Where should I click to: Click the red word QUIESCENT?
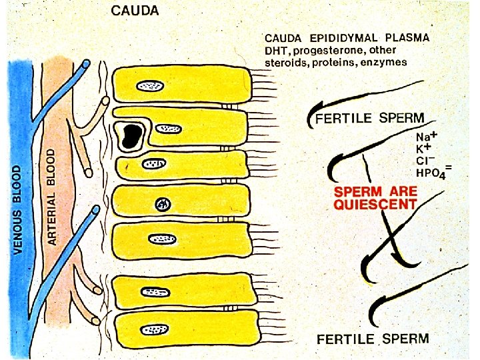coord(375,205)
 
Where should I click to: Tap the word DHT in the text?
coord(277,50)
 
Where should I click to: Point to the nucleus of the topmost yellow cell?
coord(151,85)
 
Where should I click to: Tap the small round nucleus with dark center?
coord(161,205)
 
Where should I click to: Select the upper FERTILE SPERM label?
coord(369,118)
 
